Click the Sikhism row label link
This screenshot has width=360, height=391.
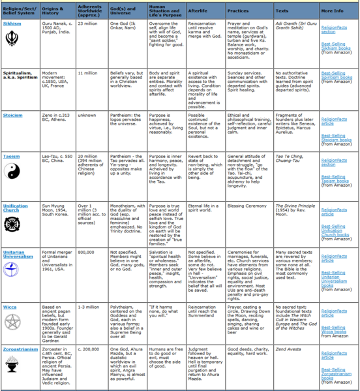[x=12, y=23]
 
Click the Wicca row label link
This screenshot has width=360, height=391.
[x=10, y=306]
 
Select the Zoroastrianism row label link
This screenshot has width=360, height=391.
[x=20, y=350]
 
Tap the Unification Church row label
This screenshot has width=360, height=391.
[x=16, y=208]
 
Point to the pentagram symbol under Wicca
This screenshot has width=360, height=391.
[x=13, y=322]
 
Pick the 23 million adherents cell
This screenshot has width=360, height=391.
[x=87, y=23]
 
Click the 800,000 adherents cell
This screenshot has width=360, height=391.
[x=86, y=252]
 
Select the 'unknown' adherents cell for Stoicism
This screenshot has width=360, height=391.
[x=87, y=115]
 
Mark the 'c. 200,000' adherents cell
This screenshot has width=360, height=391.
[x=89, y=351]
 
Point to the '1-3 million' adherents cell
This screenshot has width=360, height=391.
[x=88, y=306]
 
